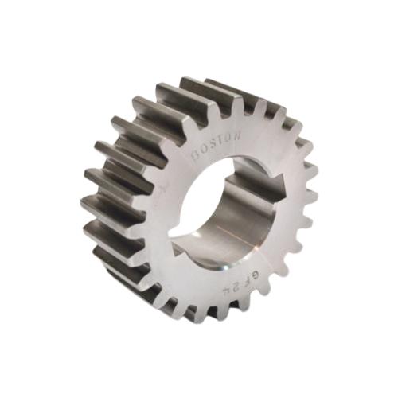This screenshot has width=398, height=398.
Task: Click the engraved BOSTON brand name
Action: click(217, 144)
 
